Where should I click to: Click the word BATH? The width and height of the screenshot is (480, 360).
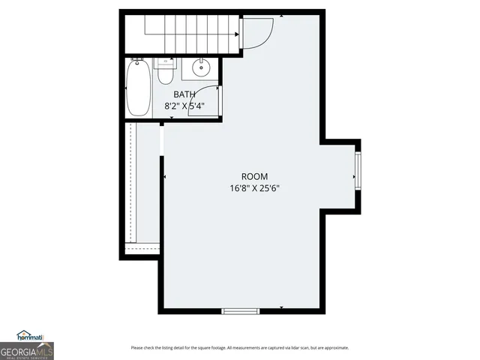point(184,94)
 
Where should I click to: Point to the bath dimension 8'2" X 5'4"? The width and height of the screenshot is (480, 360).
point(184,106)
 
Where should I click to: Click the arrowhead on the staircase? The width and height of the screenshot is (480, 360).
point(238,34)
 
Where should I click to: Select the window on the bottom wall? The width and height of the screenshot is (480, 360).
point(240,310)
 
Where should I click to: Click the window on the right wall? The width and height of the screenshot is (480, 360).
point(358,176)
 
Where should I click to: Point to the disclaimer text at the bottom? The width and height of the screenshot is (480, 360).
point(240,347)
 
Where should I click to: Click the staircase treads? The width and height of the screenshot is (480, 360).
point(180,34)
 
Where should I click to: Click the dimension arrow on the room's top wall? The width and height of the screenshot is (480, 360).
point(281,15)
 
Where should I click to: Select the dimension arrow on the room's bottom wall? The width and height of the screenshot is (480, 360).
point(281,307)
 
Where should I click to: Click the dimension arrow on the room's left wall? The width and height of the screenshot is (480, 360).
point(164,177)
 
